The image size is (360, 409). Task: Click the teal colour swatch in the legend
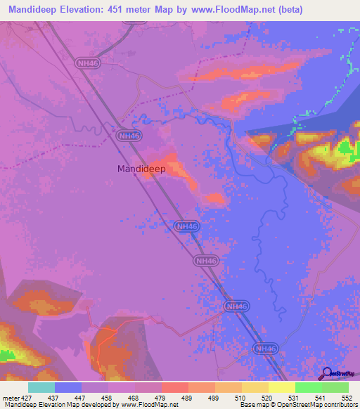pyautogui.click(x=41, y=387)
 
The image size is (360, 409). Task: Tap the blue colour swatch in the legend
pyautogui.click(x=68, y=387)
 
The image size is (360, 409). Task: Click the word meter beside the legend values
pyautogui.click(x=11, y=398)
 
